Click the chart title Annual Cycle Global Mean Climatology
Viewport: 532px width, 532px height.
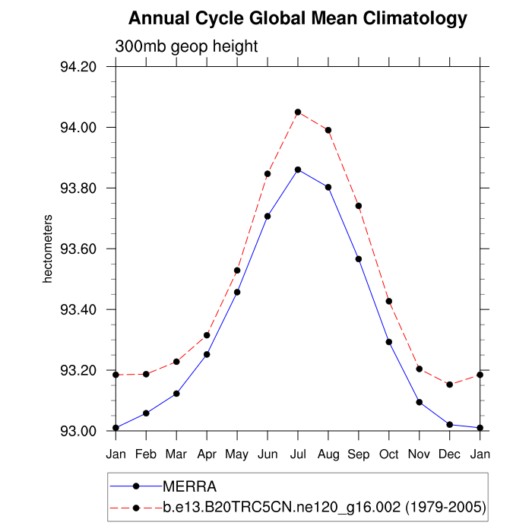point(298,17)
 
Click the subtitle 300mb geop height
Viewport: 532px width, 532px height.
point(186,46)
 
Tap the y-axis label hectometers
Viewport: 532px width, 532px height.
point(47,249)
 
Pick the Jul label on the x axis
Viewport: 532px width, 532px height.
point(298,454)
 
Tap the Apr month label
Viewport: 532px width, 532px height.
point(207,454)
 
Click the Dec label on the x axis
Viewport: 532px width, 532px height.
point(450,454)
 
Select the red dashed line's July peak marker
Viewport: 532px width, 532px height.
point(298,112)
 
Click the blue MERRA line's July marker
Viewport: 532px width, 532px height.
point(298,169)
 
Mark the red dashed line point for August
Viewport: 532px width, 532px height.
point(328,130)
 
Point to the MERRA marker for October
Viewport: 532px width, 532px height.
point(389,342)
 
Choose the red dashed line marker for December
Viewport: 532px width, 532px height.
point(450,385)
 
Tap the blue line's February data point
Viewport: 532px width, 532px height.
point(146,413)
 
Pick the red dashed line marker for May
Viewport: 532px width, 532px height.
point(237,271)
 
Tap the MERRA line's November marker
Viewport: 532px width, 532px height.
point(420,402)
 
